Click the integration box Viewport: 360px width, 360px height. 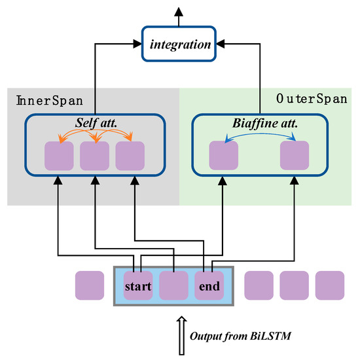[179, 45]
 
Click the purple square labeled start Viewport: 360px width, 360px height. [138, 285]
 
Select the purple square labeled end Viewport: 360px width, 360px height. [209, 285]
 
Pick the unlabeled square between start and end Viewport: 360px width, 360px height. [173, 285]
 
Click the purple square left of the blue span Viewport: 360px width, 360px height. [90, 285]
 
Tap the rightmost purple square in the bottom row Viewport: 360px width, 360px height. [330, 285]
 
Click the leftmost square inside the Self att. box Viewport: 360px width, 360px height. [59, 156]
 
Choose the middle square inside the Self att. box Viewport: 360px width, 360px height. [94, 156]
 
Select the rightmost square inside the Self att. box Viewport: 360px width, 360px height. [130, 156]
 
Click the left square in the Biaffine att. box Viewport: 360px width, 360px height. [223, 156]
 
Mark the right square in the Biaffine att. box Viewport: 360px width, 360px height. [294, 156]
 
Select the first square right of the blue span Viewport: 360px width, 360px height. [259, 285]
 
